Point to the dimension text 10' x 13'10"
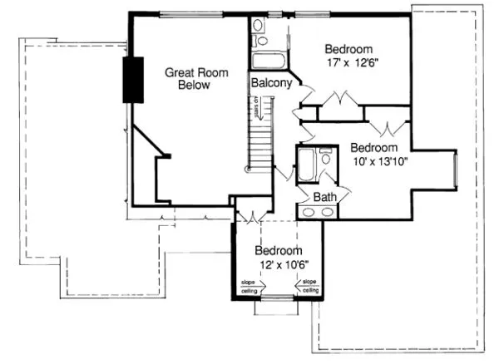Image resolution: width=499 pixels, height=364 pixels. coord(379,160)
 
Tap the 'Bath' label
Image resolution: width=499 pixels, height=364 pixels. coord(324,196)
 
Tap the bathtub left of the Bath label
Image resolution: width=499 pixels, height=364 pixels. coord(305,167)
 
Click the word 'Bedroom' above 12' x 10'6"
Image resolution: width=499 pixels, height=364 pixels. coord(277,250)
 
